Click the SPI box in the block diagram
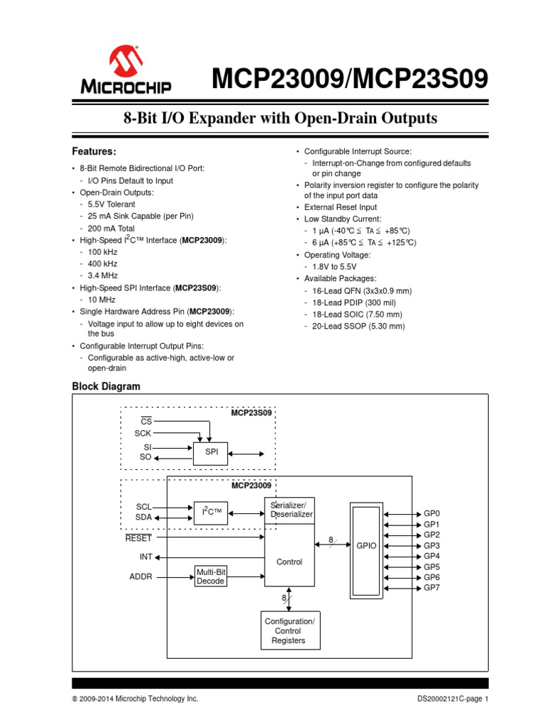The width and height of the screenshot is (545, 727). click(211, 452)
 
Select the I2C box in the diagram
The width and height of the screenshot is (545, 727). click(211, 513)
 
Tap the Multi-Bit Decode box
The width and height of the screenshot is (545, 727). click(211, 576)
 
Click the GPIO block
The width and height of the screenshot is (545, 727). click(365, 545)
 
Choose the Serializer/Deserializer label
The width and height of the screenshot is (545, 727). click(290, 509)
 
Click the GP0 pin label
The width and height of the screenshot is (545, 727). click(432, 513)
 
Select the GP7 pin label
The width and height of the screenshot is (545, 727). click(432, 589)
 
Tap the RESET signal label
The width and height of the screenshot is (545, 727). click(138, 538)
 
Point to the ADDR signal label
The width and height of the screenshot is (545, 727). click(141, 576)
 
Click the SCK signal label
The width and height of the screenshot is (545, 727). click(143, 432)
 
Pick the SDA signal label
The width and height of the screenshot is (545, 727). click(143, 518)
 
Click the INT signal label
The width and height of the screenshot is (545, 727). click(146, 557)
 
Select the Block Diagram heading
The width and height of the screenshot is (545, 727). click(106, 386)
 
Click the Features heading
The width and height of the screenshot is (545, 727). click(94, 151)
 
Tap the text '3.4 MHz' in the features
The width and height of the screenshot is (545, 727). click(103, 275)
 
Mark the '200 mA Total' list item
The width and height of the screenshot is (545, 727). click(111, 229)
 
